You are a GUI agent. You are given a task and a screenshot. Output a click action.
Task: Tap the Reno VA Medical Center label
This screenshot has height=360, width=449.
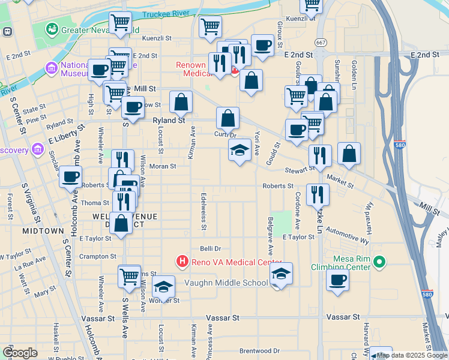pyautogui.click(x=237, y=262)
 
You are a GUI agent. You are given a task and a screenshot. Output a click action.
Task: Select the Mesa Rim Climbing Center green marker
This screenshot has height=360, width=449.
pyautogui.click(x=378, y=262)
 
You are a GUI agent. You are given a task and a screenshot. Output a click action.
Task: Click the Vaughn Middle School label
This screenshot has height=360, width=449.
pyautogui.click(x=226, y=283)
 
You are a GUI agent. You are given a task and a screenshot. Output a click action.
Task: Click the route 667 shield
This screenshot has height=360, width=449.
pyautogui.click(x=322, y=42)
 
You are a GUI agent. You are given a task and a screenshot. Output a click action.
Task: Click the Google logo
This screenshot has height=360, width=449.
pyautogui.click(x=20, y=353)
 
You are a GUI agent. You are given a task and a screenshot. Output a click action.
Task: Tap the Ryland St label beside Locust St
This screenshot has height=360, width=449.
pyautogui.click(x=168, y=120)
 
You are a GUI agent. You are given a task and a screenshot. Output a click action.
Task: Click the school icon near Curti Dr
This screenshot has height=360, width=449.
pyautogui.click(x=240, y=151)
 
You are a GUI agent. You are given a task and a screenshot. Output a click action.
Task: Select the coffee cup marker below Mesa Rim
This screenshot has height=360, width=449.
pyautogui.click(x=337, y=279)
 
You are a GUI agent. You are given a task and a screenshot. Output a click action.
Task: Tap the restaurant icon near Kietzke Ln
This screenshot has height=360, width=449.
pyautogui.click(x=317, y=194)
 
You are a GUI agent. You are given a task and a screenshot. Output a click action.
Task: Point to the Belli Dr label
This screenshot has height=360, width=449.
pyautogui.click(x=210, y=248)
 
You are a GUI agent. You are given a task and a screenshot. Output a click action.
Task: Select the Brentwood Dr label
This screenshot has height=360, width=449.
pyautogui.click(x=259, y=350)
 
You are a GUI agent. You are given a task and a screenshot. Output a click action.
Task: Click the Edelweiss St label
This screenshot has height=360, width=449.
pyautogui.click(x=204, y=211)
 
